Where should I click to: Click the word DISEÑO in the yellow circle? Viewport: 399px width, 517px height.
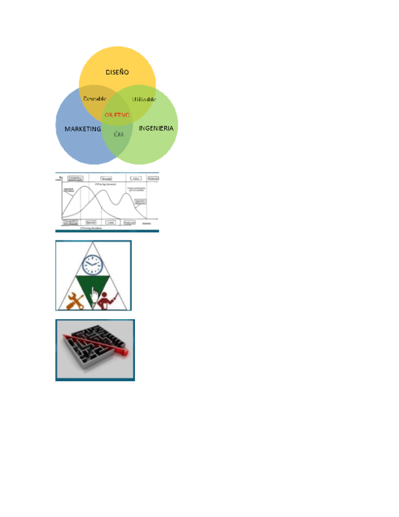click(x=117, y=72)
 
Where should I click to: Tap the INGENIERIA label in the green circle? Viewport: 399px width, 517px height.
click(x=156, y=128)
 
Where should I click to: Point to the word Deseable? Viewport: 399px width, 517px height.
click(x=94, y=99)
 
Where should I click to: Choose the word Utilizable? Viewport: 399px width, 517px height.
click(x=144, y=99)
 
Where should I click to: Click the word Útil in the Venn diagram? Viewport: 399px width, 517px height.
click(x=118, y=134)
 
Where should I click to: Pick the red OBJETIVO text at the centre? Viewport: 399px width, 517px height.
click(x=117, y=115)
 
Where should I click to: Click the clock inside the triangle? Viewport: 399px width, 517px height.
click(x=94, y=265)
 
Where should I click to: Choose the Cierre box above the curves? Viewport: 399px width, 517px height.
click(x=136, y=179)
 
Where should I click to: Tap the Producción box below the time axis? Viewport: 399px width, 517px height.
click(x=129, y=222)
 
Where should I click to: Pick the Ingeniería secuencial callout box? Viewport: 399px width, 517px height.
click(x=140, y=202)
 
